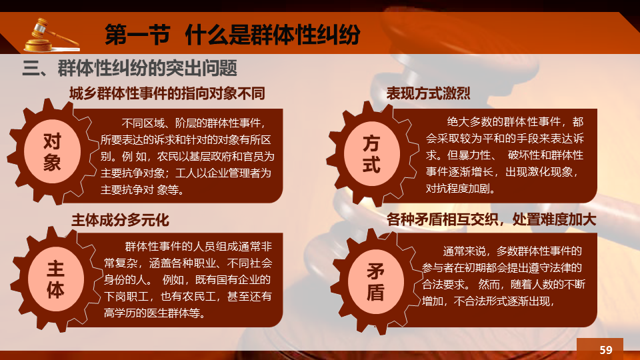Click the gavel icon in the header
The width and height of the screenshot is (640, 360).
point(51,35)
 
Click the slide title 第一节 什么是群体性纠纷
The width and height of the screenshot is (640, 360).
point(232,34)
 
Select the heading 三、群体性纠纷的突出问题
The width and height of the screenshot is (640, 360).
point(129,68)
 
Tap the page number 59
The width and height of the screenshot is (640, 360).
point(606,350)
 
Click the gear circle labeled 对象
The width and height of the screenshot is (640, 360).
point(52,151)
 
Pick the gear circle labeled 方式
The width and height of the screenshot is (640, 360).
point(371,154)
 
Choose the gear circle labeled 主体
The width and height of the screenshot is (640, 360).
point(56,279)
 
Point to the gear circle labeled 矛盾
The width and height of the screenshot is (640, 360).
point(375,281)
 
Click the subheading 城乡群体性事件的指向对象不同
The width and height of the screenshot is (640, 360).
point(167,93)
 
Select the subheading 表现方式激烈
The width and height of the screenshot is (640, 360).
point(428,93)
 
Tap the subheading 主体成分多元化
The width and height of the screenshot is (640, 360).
point(120,221)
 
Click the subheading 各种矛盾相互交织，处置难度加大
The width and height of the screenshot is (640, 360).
point(491,219)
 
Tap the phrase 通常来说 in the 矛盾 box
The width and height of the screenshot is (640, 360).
point(464,251)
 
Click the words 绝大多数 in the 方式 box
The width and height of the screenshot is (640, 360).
point(468,121)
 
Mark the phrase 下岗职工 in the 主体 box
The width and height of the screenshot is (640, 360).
point(125,296)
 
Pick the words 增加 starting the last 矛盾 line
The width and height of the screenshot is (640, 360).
point(432,301)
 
